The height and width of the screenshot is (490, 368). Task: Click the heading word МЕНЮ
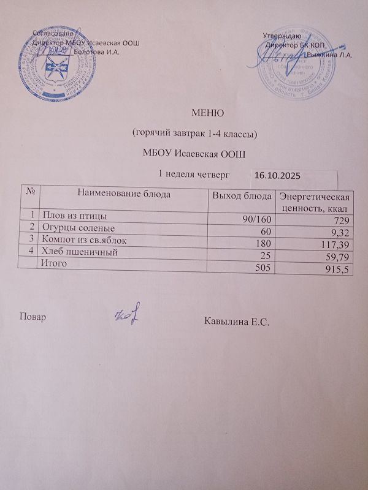(x=205, y=113)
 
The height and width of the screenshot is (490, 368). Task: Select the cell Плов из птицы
(x=70, y=214)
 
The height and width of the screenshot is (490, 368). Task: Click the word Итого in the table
(x=53, y=263)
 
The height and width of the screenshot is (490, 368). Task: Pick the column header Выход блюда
(x=241, y=196)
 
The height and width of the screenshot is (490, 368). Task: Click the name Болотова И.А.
(x=96, y=51)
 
